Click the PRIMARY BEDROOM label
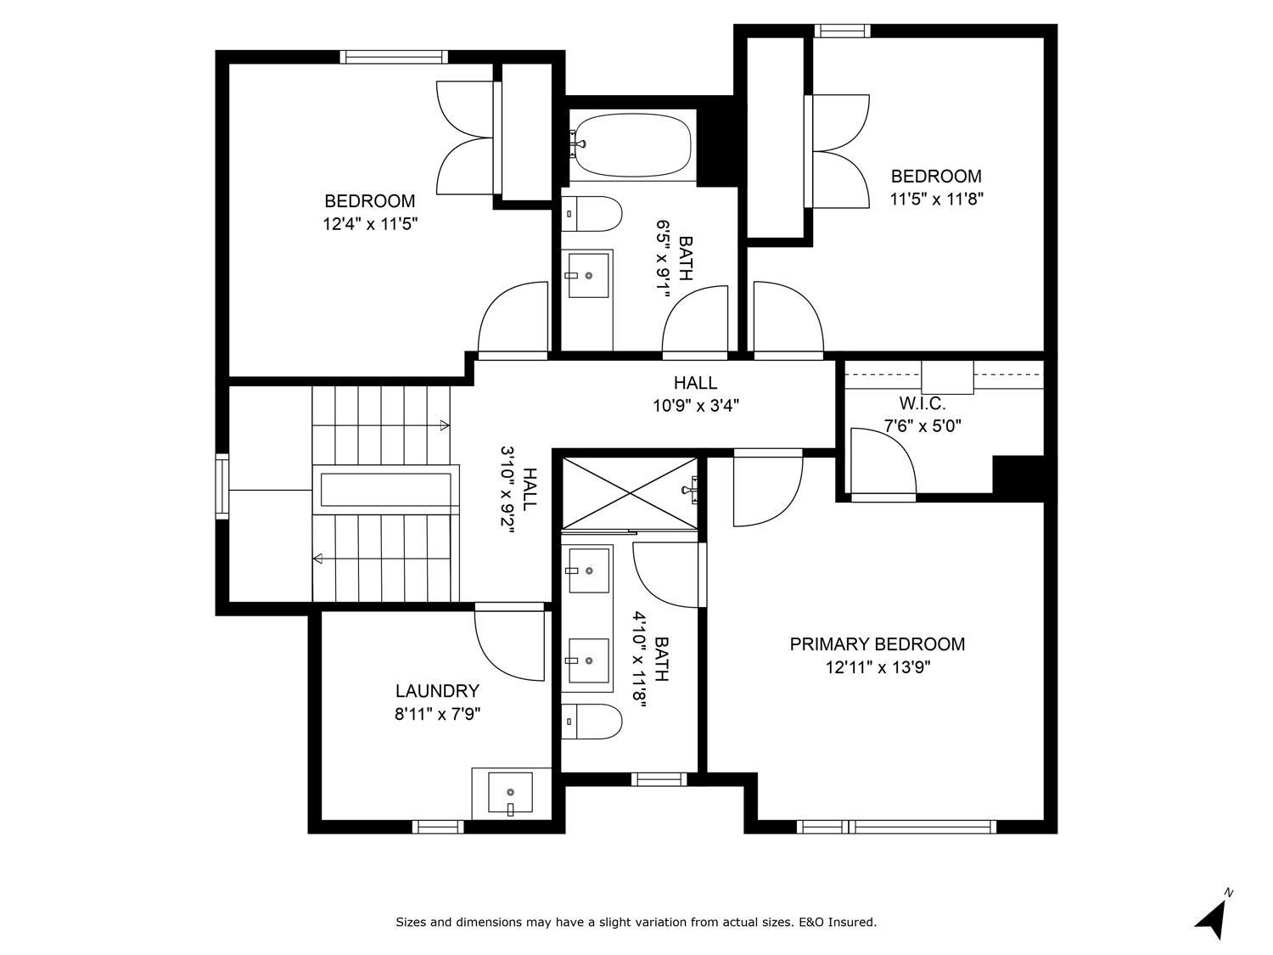[x=877, y=644]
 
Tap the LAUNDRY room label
[x=437, y=691]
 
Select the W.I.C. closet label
[x=923, y=403]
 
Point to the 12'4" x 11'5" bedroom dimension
[x=371, y=224]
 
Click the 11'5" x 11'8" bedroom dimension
[x=937, y=199]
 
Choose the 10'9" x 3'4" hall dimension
[x=696, y=405]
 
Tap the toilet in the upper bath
[x=592, y=214]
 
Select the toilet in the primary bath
[x=592, y=722]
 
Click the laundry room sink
[x=510, y=793]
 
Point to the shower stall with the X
[x=631, y=493]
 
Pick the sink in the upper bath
[x=588, y=275]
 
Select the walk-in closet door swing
[x=883, y=462]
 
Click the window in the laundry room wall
[x=438, y=827]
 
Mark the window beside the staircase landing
[x=222, y=486]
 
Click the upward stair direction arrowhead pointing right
[x=445, y=425]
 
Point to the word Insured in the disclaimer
[x=852, y=922]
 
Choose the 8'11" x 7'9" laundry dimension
[x=438, y=715]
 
